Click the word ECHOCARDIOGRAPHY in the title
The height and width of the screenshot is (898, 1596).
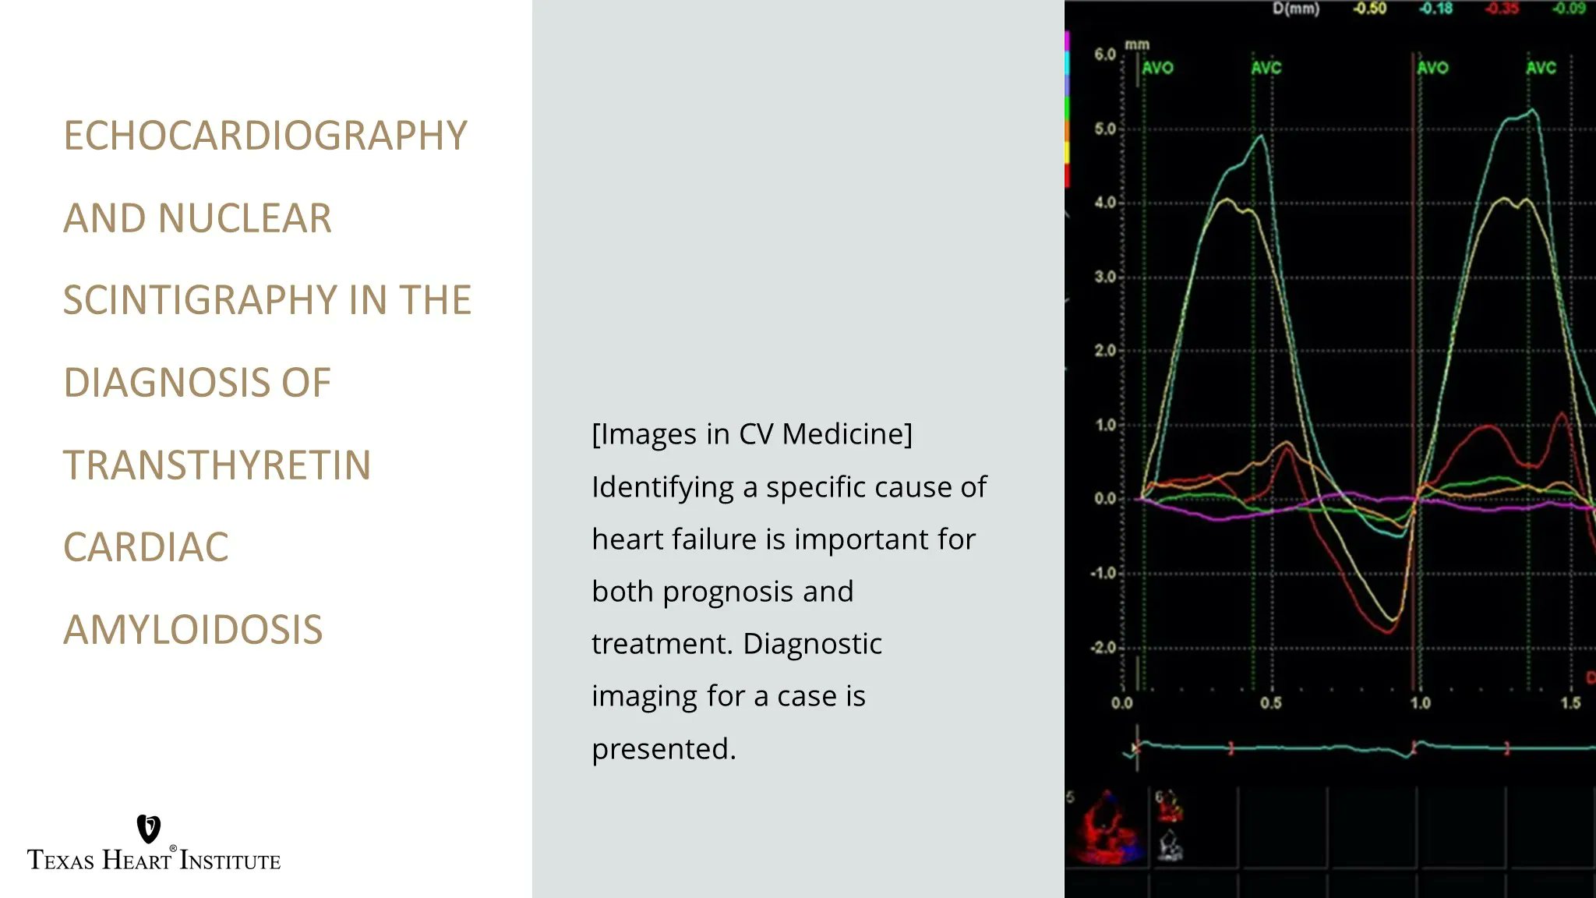click(265, 136)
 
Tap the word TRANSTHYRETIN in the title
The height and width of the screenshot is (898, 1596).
click(217, 465)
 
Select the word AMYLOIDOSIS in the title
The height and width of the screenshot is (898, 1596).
click(192, 630)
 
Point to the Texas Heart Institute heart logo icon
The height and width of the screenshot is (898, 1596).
click(148, 829)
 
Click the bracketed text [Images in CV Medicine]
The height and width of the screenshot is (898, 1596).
click(751, 434)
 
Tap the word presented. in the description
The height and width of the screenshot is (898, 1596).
click(663, 749)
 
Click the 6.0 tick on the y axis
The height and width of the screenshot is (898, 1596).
click(1105, 55)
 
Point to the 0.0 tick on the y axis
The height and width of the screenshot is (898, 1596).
click(1105, 499)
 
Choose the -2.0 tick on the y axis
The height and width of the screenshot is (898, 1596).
click(1103, 648)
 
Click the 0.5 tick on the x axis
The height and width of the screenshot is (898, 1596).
click(1270, 703)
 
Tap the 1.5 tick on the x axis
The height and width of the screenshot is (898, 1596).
click(1570, 703)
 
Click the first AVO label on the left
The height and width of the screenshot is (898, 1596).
click(1157, 68)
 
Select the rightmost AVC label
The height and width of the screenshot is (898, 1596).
click(1541, 68)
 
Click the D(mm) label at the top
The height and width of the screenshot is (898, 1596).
click(1295, 9)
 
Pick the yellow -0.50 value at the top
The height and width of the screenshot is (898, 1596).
click(1369, 9)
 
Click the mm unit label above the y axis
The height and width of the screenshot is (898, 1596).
click(1137, 44)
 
